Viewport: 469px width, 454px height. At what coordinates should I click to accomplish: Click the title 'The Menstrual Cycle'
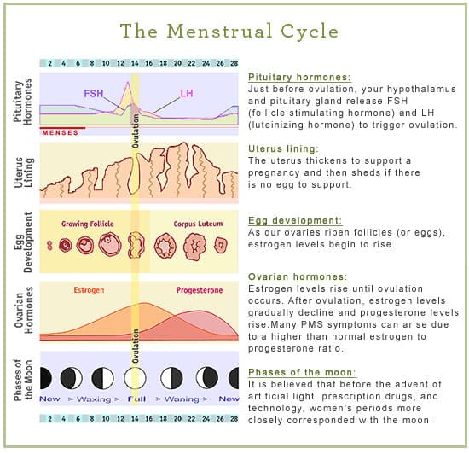tap(229, 31)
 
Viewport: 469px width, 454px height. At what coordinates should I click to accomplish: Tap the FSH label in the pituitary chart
tap(94, 94)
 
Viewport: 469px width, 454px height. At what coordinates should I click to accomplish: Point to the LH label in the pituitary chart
tap(187, 93)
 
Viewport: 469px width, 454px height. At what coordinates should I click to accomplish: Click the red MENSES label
tap(61, 132)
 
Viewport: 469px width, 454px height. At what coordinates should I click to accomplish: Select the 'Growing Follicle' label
tap(88, 224)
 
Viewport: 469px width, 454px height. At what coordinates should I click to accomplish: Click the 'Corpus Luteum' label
tap(198, 224)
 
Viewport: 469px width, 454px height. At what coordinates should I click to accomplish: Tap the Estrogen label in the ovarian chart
tap(89, 290)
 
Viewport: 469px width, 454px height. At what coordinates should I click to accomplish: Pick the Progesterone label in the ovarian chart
tap(200, 290)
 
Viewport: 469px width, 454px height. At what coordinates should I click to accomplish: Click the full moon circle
tap(135, 378)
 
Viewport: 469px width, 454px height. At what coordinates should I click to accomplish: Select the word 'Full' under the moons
tap(136, 399)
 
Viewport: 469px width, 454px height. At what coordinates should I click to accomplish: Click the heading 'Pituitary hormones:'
tap(299, 77)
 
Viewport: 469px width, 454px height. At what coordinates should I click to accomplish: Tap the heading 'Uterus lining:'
tap(284, 148)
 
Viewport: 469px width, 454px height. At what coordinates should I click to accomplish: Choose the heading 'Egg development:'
tap(295, 220)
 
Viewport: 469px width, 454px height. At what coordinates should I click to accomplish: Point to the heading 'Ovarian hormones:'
tap(298, 276)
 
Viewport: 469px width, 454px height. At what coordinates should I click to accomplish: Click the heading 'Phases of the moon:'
tap(302, 372)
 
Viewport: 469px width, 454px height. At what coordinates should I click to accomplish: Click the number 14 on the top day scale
tap(135, 63)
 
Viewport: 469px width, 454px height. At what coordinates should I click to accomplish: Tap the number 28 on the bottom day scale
tap(234, 419)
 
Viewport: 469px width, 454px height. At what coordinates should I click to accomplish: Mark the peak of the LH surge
tap(128, 82)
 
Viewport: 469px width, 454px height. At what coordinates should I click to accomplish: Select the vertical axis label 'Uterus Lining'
tap(24, 172)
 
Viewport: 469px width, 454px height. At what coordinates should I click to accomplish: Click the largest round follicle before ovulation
tap(110, 244)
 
